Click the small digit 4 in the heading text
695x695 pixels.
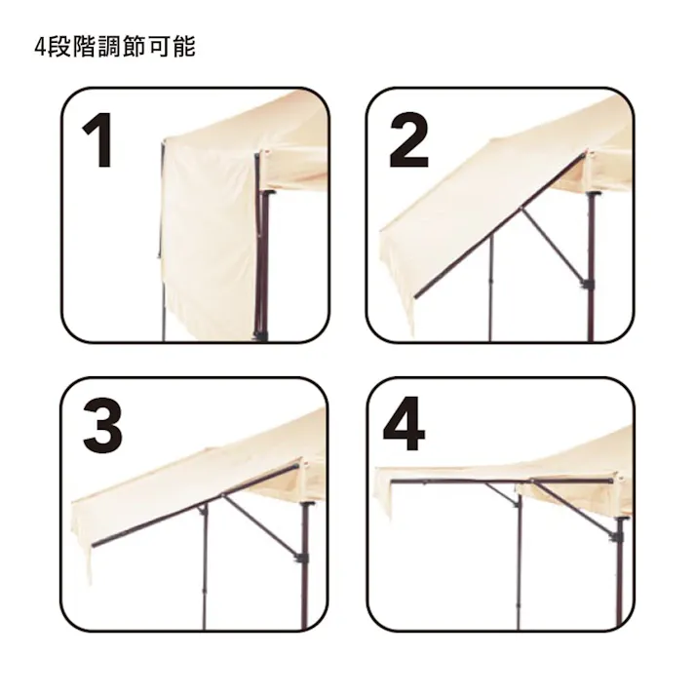[39, 47]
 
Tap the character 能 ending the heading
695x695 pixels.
[183, 47]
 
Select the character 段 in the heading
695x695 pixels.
[58, 47]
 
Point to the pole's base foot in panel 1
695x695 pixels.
[260, 334]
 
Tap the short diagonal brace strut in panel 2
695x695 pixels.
[554, 244]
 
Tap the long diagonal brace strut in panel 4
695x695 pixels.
[575, 507]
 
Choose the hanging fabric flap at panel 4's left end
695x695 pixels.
[382, 495]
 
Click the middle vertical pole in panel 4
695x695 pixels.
[519, 565]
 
